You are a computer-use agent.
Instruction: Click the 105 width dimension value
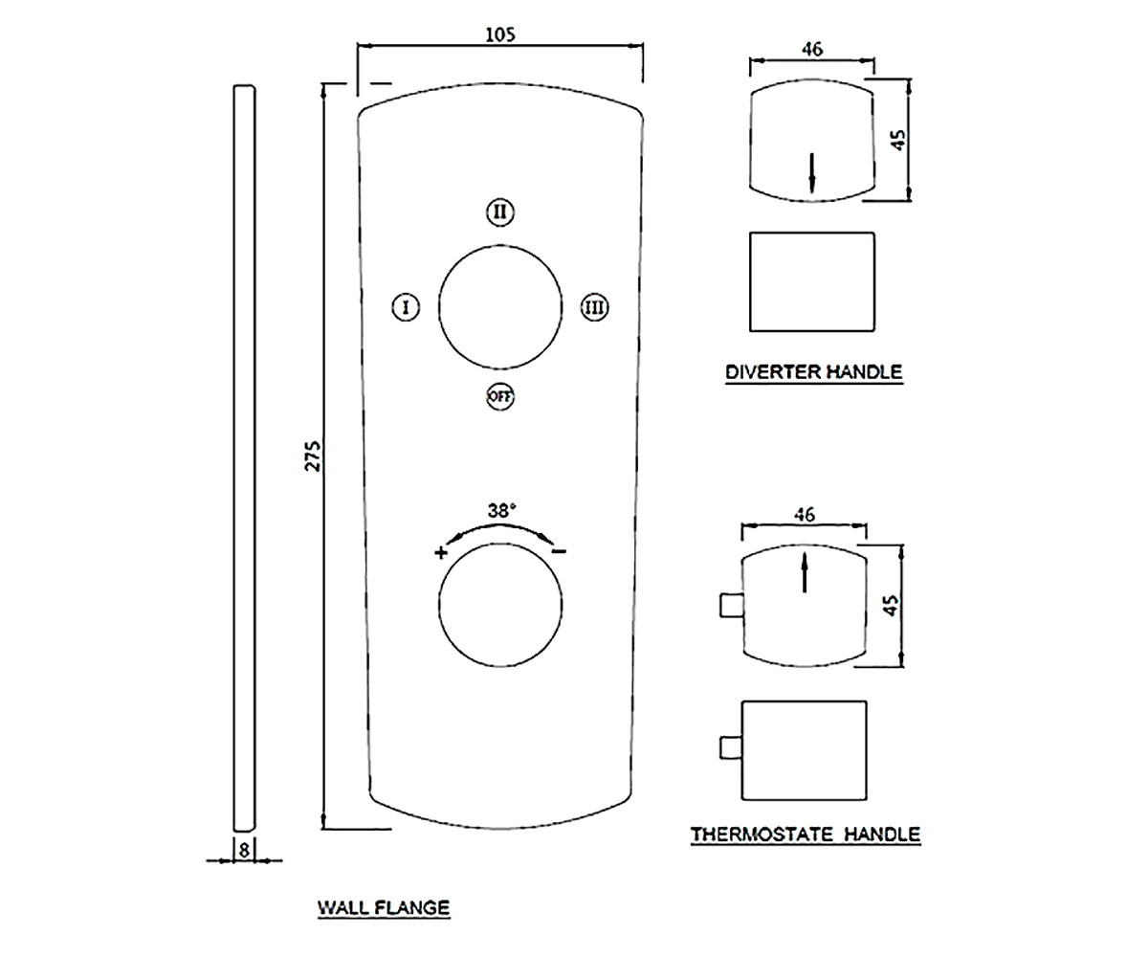click(x=500, y=34)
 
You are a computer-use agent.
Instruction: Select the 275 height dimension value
click(x=312, y=456)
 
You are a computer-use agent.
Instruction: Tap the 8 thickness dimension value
click(x=244, y=851)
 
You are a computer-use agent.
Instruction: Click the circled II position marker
click(x=500, y=211)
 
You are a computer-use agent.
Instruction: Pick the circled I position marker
click(x=406, y=307)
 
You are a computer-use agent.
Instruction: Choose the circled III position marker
click(x=594, y=307)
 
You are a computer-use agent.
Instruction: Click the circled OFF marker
click(x=500, y=396)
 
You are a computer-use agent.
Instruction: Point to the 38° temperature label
click(x=502, y=511)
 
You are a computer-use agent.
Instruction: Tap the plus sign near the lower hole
click(x=441, y=552)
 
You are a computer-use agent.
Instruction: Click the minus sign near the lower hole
click(x=559, y=551)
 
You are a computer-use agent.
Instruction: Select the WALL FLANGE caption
click(x=384, y=907)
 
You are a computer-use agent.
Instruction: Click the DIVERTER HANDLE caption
click(x=814, y=372)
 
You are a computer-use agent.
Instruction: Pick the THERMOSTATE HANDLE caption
click(x=806, y=835)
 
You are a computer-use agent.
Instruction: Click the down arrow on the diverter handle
click(x=812, y=173)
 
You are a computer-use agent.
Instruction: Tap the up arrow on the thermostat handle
click(x=805, y=572)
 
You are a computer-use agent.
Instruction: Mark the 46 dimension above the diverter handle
click(x=812, y=50)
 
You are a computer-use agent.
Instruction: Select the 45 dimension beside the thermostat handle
click(x=891, y=606)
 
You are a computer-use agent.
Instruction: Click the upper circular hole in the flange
click(x=500, y=245)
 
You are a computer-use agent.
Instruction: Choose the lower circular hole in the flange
click(x=500, y=544)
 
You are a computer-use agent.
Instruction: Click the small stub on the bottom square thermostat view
click(x=731, y=748)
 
